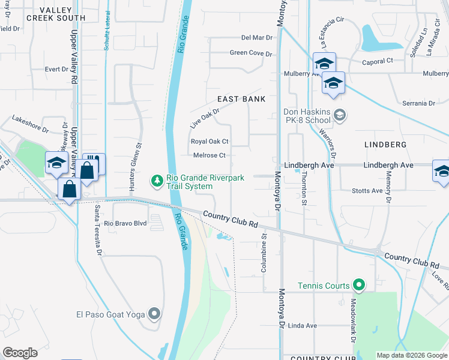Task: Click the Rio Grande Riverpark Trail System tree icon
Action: pyautogui.click(x=157, y=180)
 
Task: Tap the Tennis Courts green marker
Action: pyautogui.click(x=359, y=285)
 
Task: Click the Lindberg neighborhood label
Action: pyautogui.click(x=385, y=145)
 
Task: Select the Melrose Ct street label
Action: pyautogui.click(x=209, y=155)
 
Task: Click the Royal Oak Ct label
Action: pyautogui.click(x=209, y=142)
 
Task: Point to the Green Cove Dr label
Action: pyautogui.click(x=251, y=53)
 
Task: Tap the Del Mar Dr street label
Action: pyautogui.click(x=257, y=37)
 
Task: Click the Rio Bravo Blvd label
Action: pyautogui.click(x=125, y=223)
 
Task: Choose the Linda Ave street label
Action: pyautogui.click(x=303, y=326)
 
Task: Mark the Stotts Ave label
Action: pyautogui.click(x=368, y=191)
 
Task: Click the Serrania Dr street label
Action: pyautogui.click(x=419, y=103)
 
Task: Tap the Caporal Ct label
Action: pyautogui.click(x=377, y=61)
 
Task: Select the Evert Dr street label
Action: pyautogui.click(x=57, y=69)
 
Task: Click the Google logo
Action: pyautogui.click(x=20, y=353)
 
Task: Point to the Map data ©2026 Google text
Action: pyautogui.click(x=411, y=355)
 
